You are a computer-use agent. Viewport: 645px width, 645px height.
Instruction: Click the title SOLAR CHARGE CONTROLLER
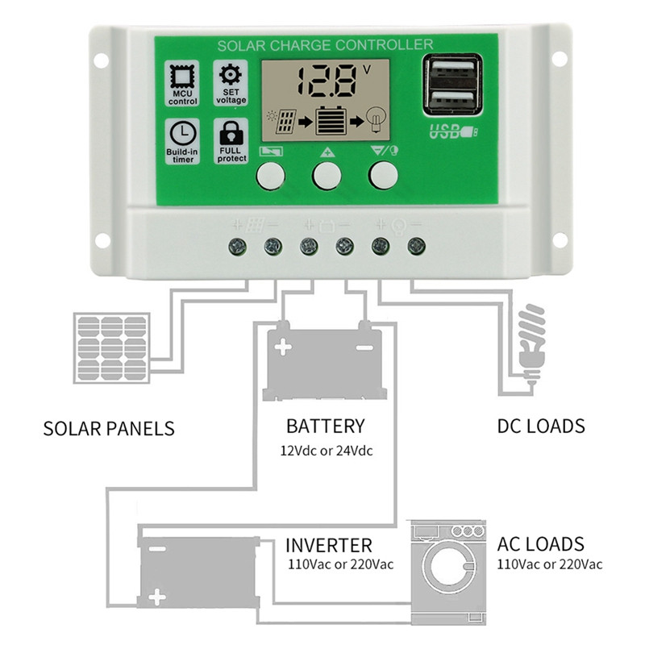click(x=326, y=45)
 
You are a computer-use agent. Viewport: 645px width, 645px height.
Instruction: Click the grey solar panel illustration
click(x=111, y=348)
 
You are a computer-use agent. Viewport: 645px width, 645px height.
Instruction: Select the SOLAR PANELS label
click(x=108, y=427)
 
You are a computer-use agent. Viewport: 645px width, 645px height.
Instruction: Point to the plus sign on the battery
click(x=283, y=348)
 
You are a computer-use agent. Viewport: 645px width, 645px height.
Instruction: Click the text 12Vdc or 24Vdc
click(x=326, y=450)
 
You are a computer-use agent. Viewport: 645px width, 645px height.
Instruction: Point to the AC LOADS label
click(x=540, y=543)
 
